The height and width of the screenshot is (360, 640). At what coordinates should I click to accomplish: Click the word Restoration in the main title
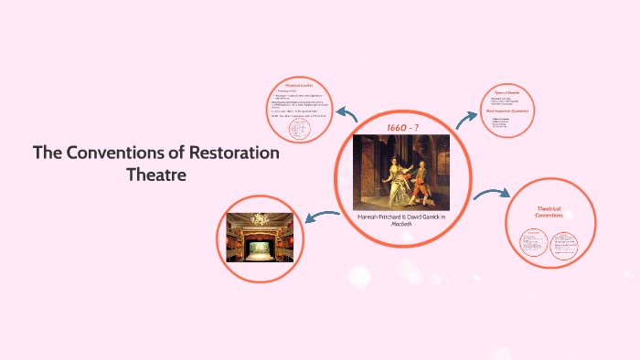234,154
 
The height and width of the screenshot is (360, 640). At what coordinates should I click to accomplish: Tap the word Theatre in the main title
156,175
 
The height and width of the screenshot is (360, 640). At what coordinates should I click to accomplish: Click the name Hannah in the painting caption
372,217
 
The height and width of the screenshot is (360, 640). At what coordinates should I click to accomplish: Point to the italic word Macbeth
401,226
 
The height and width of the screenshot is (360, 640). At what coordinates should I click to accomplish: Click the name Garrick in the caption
435,217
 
